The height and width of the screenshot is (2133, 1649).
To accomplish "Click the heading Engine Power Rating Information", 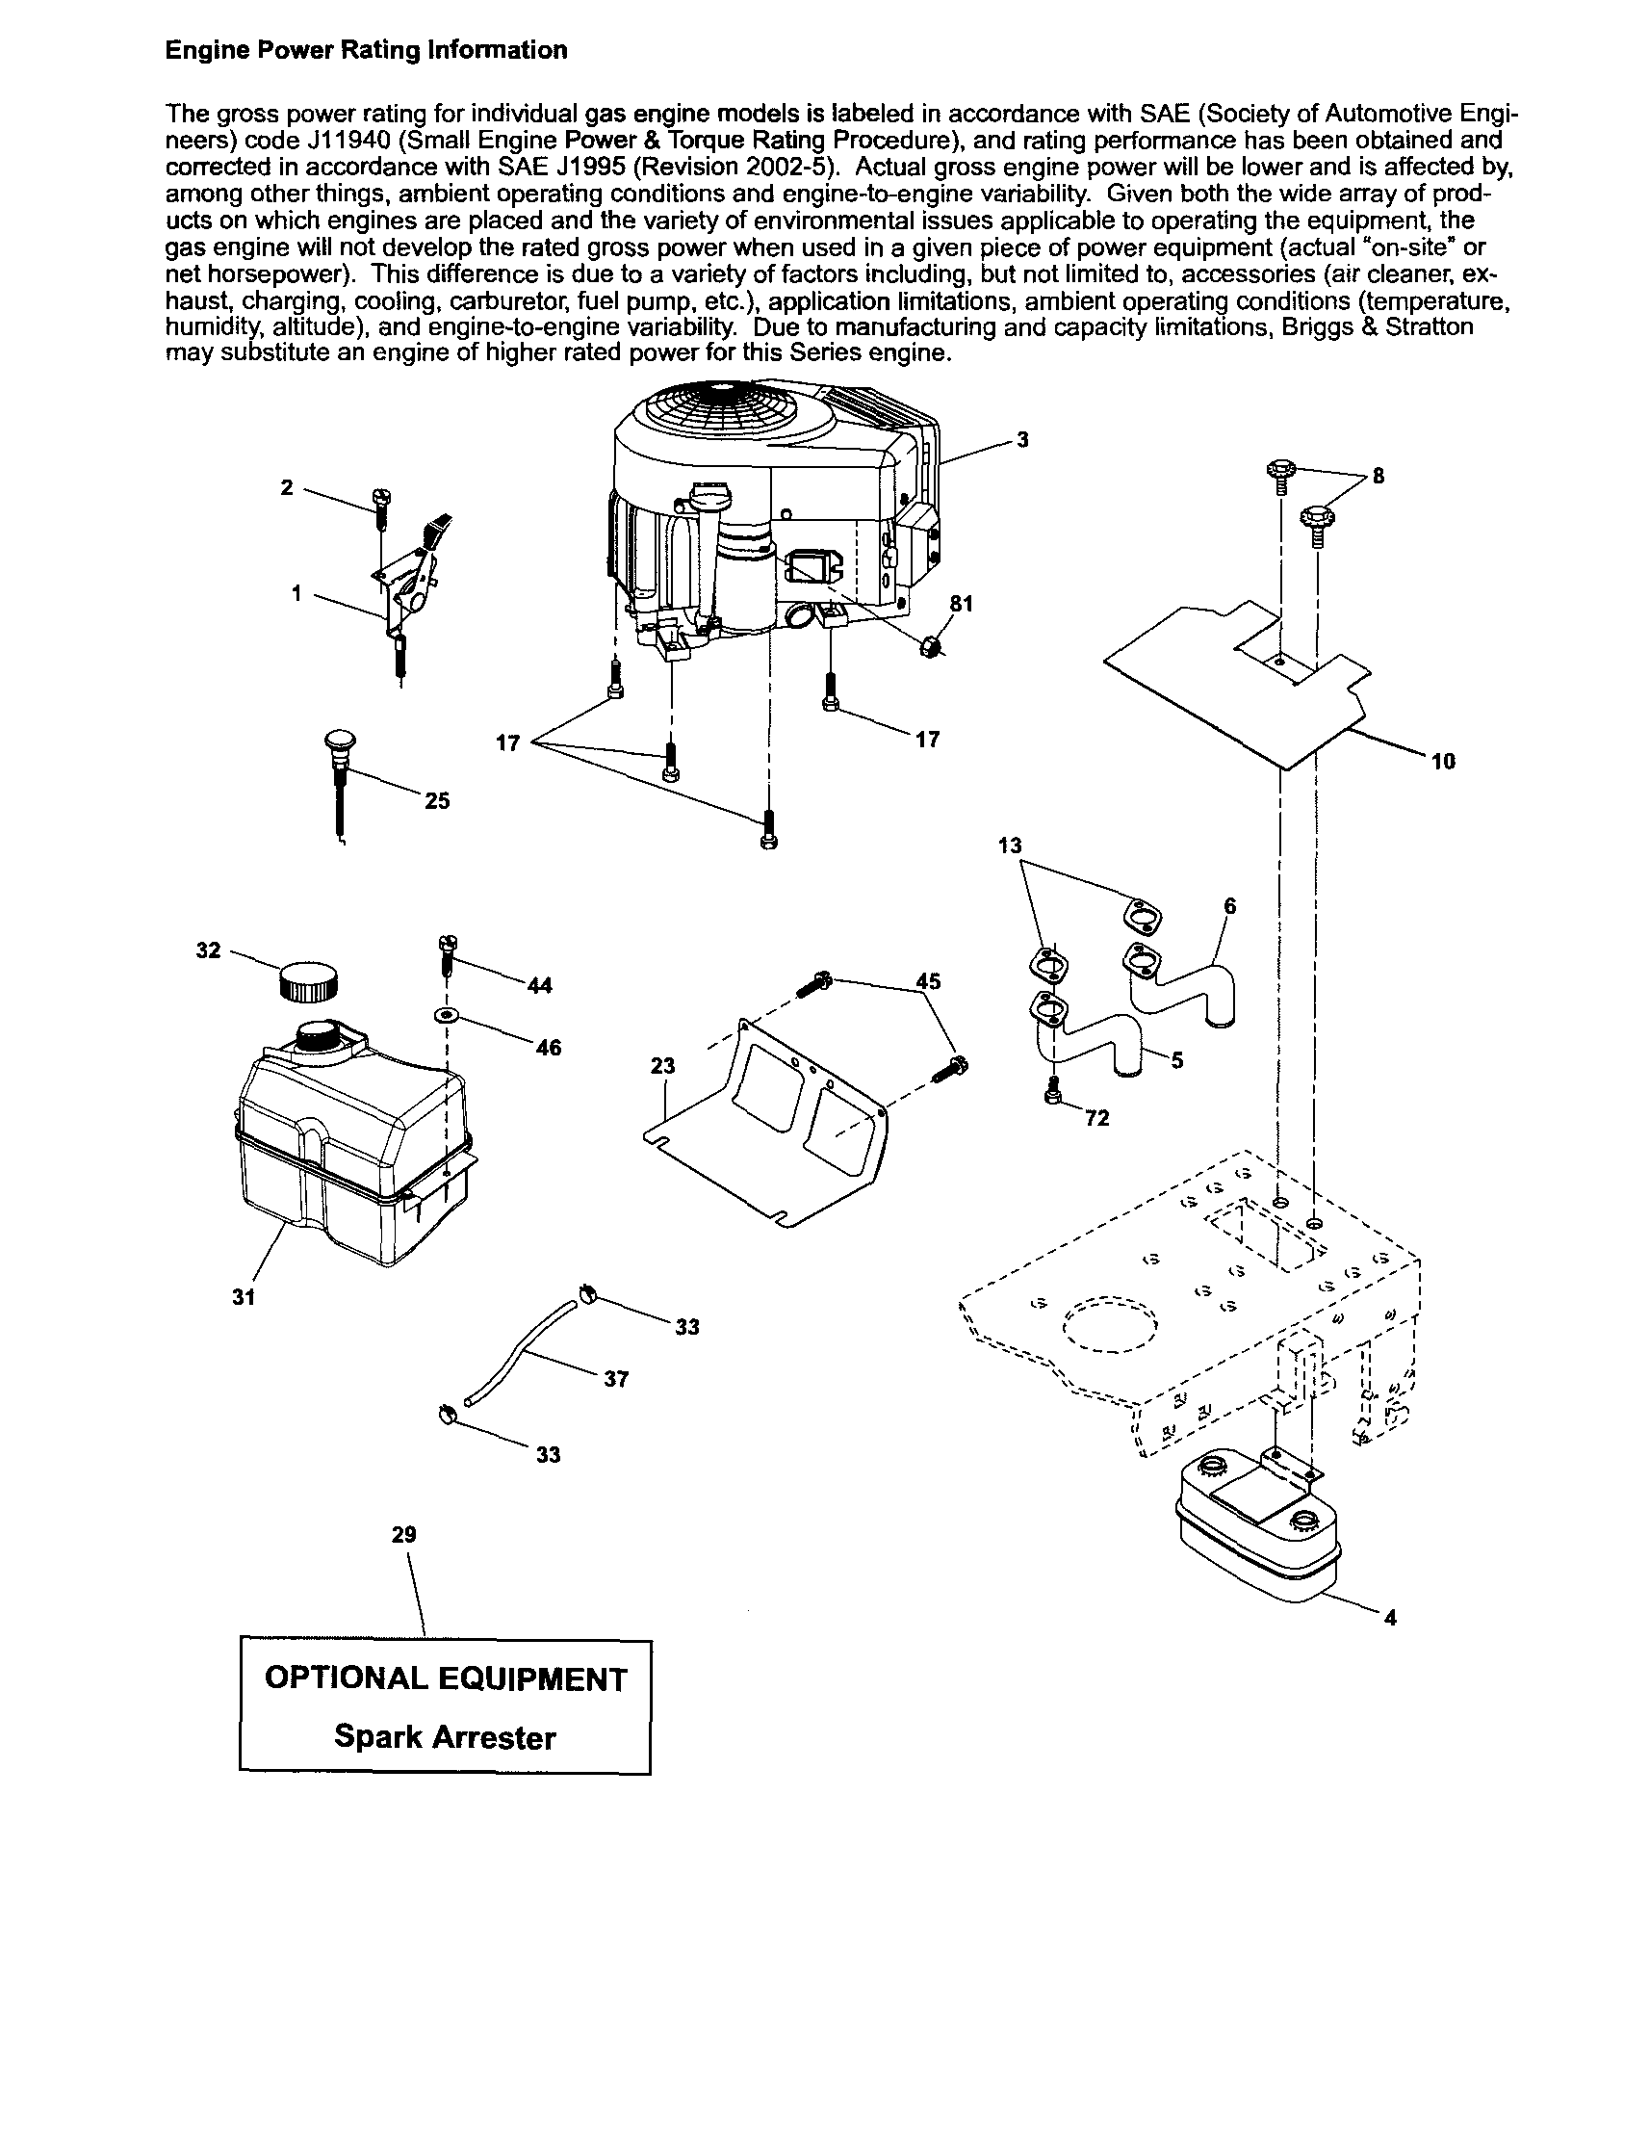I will click(366, 51).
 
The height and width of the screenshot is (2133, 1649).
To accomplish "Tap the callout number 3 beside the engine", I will click(1022, 440).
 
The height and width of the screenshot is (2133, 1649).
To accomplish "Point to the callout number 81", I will click(962, 605).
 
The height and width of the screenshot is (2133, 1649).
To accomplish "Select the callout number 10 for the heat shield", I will click(1443, 762).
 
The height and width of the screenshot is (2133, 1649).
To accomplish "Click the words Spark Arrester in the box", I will click(444, 1737).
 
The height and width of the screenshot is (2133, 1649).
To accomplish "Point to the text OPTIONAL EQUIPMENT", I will click(445, 1678).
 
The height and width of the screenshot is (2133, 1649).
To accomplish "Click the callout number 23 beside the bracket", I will click(663, 1065).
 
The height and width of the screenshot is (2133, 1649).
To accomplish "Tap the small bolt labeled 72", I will click(1053, 1097).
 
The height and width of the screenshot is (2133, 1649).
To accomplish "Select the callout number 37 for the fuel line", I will click(616, 1379).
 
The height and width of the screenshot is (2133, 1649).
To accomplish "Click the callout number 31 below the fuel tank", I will click(244, 1297).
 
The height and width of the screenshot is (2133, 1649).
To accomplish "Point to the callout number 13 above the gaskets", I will click(1011, 845).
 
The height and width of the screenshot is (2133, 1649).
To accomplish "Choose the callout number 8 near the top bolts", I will click(1378, 477).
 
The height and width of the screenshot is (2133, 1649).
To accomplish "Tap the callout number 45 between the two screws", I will click(929, 980).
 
